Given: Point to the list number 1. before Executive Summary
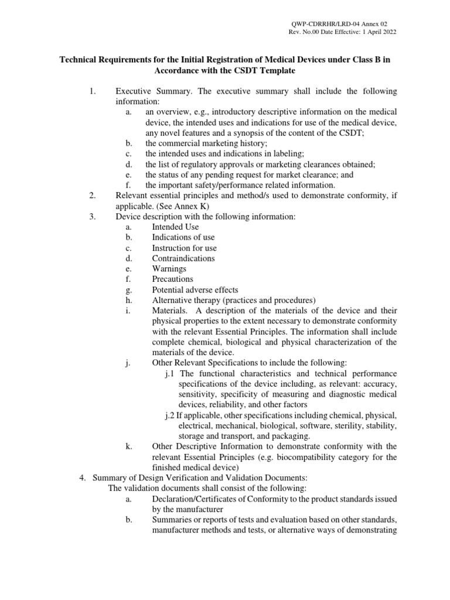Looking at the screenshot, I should point(91,92).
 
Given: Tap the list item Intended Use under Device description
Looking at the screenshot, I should point(175,227).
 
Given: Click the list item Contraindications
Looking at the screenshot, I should point(183,258).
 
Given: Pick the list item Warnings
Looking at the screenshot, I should point(169,268).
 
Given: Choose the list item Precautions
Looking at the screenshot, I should point(172,279).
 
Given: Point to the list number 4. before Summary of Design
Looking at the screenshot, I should point(83,478).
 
